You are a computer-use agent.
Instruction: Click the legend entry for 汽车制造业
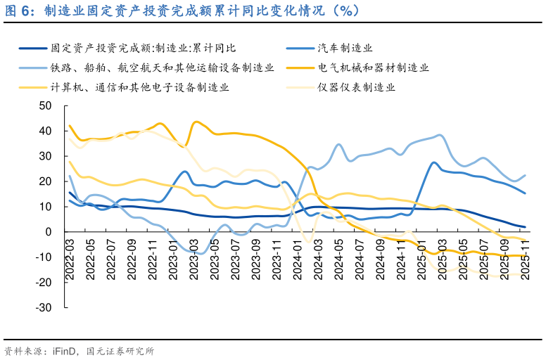tap(344, 48)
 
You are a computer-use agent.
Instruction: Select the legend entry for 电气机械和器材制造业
tap(373, 67)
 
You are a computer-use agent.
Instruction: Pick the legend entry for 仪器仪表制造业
tap(356, 87)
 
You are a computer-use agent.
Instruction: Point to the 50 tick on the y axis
tap(46, 105)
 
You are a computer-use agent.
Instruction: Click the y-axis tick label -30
tap(44, 307)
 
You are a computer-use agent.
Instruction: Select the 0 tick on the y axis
tap(49, 231)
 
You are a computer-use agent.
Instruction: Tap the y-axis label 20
tap(46, 181)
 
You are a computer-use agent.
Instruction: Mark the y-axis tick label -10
tap(44, 257)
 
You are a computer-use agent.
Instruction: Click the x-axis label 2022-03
tap(69, 261)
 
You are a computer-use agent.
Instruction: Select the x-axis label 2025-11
tap(524, 261)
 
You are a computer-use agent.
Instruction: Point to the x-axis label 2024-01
tap(297, 261)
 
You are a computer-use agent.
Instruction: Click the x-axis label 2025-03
tap(442, 261)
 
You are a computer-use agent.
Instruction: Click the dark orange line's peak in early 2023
tap(196, 122)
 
